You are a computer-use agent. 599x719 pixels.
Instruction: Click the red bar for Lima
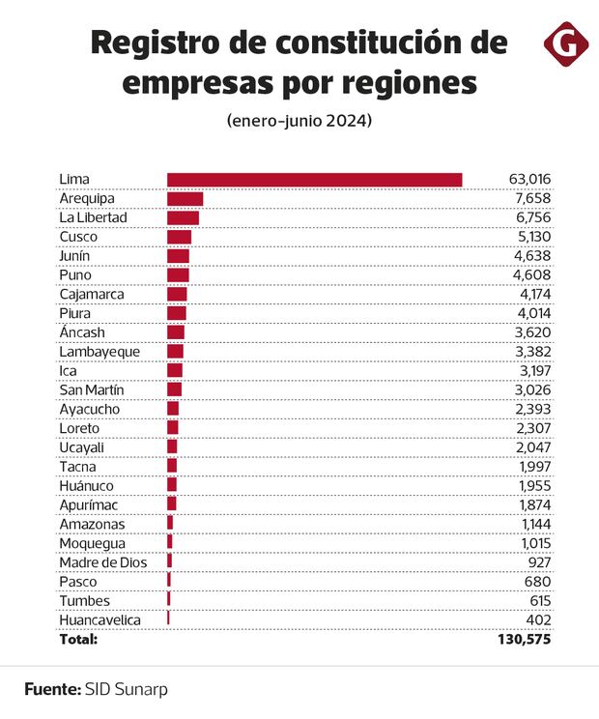pos(314,180)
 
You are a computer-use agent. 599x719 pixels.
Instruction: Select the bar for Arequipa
pos(185,199)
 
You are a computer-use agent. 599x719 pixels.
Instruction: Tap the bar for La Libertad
pos(183,218)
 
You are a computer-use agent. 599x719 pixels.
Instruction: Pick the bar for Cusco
pos(179,237)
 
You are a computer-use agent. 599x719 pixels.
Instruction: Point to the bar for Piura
pos(176,313)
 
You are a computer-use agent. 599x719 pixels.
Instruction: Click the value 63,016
pos(529,180)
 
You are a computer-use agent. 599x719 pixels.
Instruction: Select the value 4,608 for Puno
pos(532,275)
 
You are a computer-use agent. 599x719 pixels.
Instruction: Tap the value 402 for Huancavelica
pos(538,619)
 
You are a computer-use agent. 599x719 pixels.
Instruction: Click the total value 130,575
pos(524,639)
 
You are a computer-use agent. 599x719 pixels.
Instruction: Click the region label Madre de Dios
pos(101,562)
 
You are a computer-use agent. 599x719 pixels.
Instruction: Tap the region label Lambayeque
pos(100,352)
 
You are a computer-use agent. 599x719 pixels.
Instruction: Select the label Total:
pos(79,639)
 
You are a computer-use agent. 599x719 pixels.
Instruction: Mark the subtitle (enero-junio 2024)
pos(299,123)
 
